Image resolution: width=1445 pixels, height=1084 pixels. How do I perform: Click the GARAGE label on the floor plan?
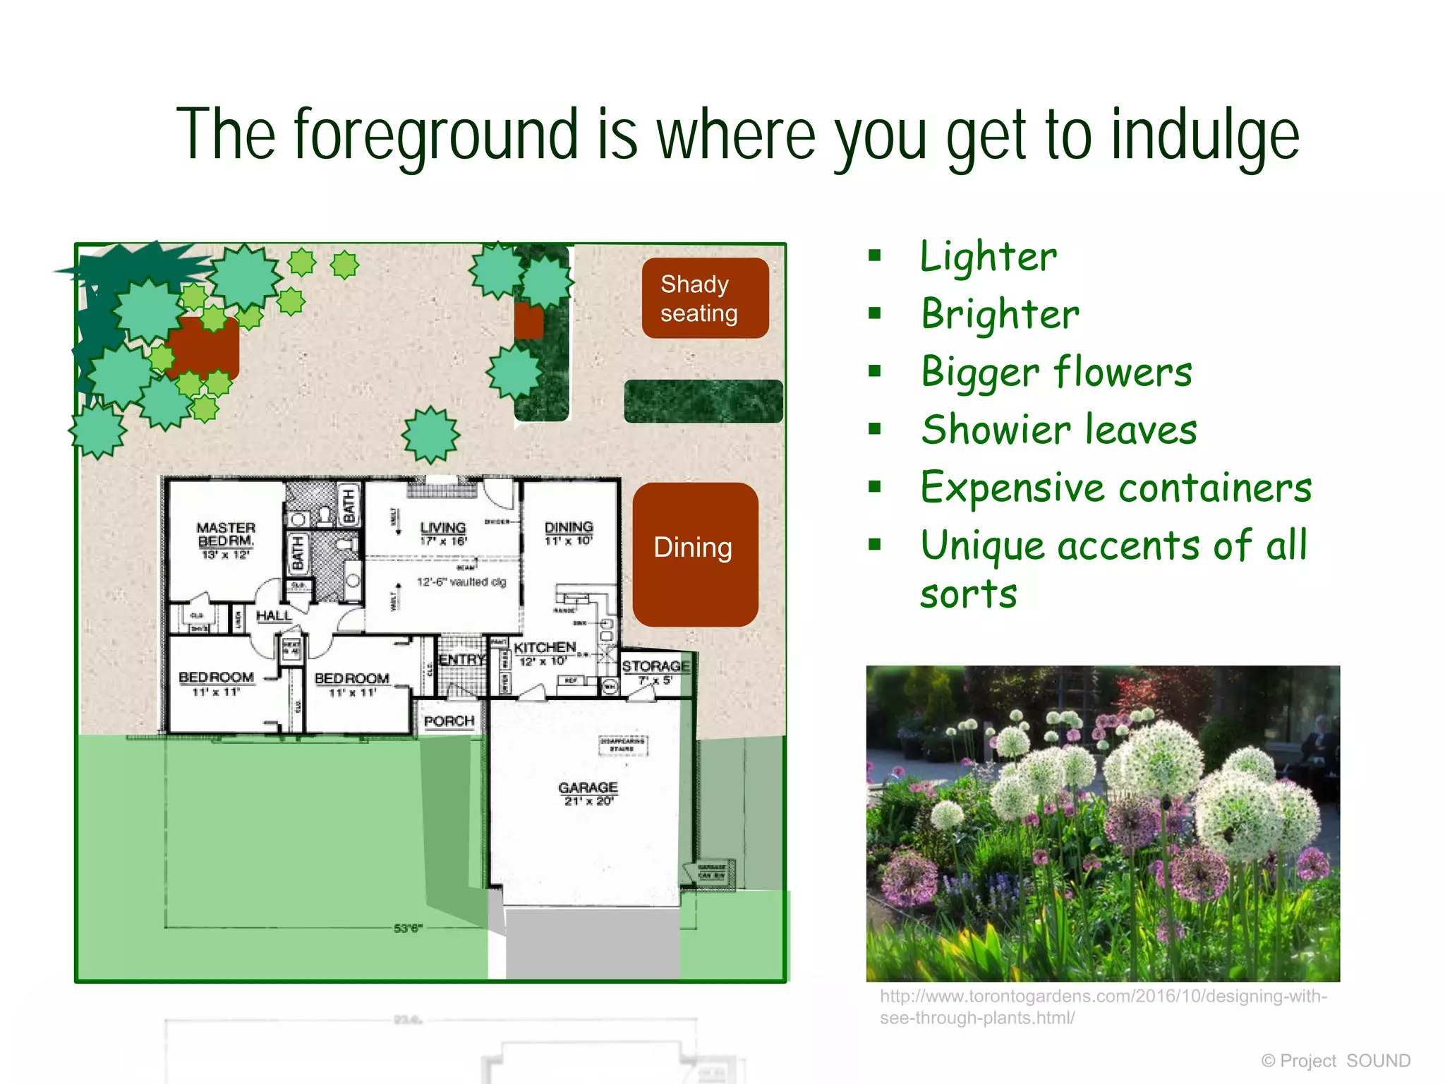(588, 788)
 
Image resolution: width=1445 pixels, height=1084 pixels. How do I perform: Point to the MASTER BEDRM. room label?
(226, 534)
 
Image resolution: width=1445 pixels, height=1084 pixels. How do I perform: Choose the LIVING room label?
(443, 528)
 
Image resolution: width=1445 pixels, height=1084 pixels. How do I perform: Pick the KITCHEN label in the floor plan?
(544, 647)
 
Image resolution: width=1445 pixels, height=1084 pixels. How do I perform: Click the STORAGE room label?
(655, 666)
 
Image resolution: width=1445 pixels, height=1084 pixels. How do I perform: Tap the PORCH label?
(449, 721)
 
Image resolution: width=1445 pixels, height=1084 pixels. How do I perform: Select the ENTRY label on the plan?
(461, 659)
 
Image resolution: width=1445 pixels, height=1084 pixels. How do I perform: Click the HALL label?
(274, 615)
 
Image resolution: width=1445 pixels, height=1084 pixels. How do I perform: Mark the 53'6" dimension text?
(407, 928)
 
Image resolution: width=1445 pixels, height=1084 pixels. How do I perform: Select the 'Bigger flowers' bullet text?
(1056, 372)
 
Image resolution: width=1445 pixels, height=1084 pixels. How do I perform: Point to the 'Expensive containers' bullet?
(1116, 488)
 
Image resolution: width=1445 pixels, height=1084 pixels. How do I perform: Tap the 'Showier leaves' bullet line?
(1059, 430)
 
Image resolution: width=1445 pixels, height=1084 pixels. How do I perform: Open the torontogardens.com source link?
(1103, 1006)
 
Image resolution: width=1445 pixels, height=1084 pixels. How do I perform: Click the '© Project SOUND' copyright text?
(1336, 1061)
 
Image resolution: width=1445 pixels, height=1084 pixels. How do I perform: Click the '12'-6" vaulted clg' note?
(461, 582)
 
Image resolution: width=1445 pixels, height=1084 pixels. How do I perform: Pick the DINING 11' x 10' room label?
(569, 533)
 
